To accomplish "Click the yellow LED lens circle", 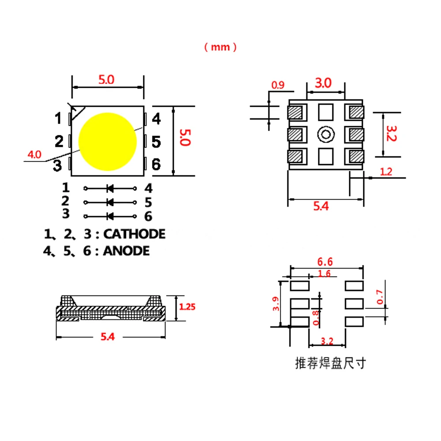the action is (x=108, y=142).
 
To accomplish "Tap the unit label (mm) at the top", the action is (x=220, y=47).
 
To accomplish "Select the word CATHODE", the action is (x=135, y=234).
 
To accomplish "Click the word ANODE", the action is (x=126, y=251).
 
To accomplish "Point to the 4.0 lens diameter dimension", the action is (x=34, y=154).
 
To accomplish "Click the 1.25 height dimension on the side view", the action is (x=187, y=306).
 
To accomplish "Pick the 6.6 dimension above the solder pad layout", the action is (x=325, y=262).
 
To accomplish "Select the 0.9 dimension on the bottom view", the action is (x=277, y=85).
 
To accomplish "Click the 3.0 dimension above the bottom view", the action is (x=323, y=83).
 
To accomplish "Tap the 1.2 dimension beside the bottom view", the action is (x=386, y=172).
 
